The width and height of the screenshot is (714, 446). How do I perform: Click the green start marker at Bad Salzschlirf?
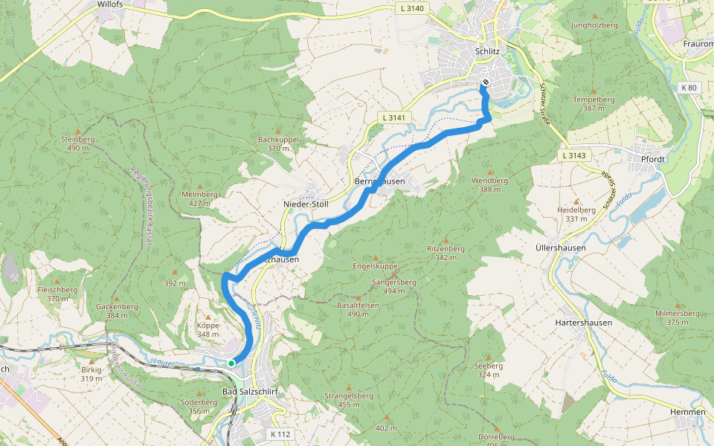coord(231,363)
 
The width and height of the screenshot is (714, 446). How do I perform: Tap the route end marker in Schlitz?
coord(486,83)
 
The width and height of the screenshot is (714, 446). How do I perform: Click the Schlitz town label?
coord(487,51)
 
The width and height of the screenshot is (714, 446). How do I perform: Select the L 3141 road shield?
coord(395,117)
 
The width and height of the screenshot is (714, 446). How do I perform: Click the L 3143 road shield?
coord(573,155)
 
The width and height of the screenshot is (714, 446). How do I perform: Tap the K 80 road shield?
coord(689,88)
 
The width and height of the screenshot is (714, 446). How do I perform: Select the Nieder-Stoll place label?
coord(306,204)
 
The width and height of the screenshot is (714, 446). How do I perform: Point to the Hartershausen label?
coord(584,323)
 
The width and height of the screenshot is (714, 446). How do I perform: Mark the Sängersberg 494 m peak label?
coord(393,286)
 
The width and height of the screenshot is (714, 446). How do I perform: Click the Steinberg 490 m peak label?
coord(78,143)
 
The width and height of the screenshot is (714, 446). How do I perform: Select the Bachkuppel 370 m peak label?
coord(278,143)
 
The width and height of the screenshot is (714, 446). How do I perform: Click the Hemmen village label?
coord(687,412)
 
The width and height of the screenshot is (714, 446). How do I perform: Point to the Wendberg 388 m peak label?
coord(489,184)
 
